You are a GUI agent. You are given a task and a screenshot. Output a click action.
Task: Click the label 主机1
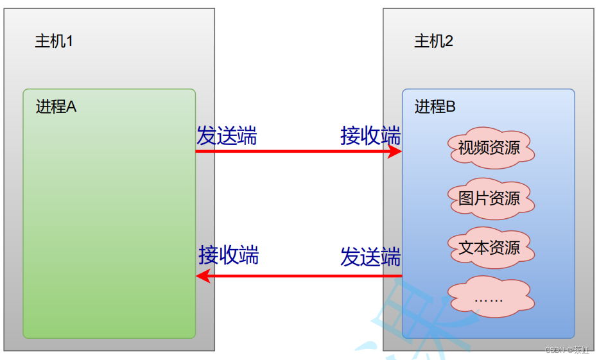(54, 42)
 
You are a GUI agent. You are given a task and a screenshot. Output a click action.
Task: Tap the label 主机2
(434, 42)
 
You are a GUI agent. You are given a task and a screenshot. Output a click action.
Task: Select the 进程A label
(56, 107)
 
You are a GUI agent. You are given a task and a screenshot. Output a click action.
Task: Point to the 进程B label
(435, 107)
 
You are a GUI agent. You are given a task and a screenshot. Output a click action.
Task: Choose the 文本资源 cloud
(489, 248)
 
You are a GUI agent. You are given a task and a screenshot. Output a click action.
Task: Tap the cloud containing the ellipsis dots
(489, 296)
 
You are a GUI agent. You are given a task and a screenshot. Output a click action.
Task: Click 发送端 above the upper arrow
(227, 136)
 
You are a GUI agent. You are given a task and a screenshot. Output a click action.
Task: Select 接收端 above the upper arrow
(370, 136)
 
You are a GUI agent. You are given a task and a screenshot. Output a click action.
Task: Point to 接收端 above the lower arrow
(229, 255)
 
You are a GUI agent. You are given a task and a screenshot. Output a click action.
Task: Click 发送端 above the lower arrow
(370, 257)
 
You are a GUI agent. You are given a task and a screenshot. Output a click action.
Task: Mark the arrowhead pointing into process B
(394, 151)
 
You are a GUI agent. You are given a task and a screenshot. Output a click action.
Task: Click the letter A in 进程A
(71, 107)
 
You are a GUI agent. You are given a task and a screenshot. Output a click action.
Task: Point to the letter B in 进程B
(451, 107)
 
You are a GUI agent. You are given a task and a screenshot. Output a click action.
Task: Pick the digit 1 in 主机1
(69, 42)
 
